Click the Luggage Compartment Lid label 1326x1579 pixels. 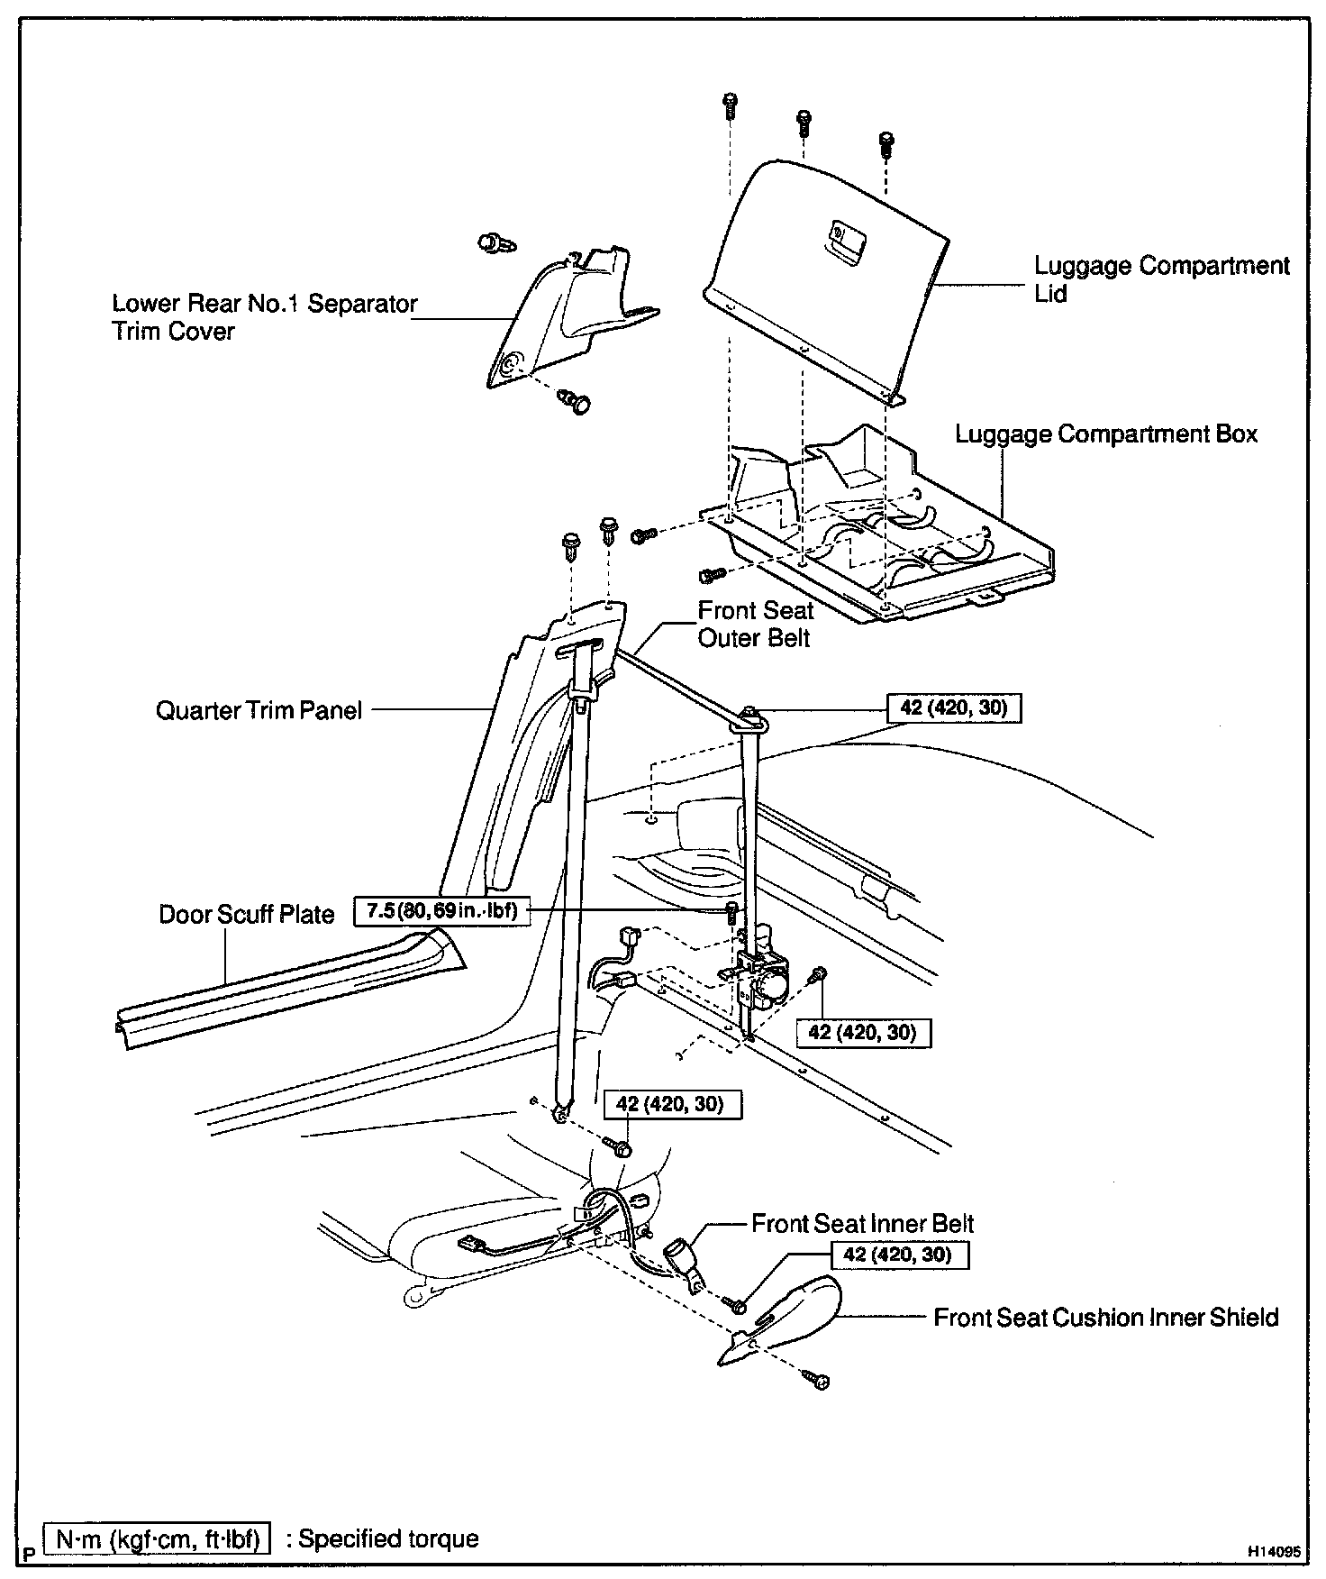(x=1161, y=279)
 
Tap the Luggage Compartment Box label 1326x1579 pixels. (x=1105, y=434)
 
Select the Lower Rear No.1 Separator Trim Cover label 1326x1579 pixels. (x=264, y=317)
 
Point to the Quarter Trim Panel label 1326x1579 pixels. (x=259, y=710)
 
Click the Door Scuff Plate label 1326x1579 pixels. (x=246, y=914)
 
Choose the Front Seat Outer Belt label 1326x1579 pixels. (x=755, y=625)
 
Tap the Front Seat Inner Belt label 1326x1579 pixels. (x=862, y=1224)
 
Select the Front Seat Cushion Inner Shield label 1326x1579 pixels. (x=1105, y=1318)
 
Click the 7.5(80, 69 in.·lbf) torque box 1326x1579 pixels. (x=441, y=910)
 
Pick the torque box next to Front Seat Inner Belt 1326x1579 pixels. (x=897, y=1255)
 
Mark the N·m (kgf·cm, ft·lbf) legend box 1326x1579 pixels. (x=158, y=1538)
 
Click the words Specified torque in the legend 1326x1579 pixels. (x=388, y=1538)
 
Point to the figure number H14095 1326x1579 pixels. (x=1274, y=1552)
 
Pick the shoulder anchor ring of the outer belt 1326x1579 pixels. (x=750, y=716)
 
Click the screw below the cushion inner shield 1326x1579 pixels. (x=820, y=1380)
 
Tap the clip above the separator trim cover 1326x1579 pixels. (x=491, y=242)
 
